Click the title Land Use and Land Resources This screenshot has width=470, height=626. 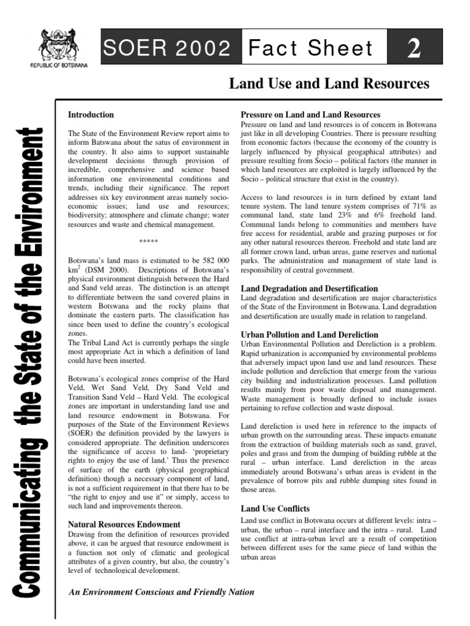pos(329,83)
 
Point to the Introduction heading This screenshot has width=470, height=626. pos(91,114)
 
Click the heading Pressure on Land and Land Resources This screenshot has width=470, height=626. pos(310,114)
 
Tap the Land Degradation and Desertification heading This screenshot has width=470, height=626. pos(309,288)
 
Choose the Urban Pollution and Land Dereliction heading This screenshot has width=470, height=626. pos(309,334)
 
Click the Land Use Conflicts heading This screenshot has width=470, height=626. pos(275,508)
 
